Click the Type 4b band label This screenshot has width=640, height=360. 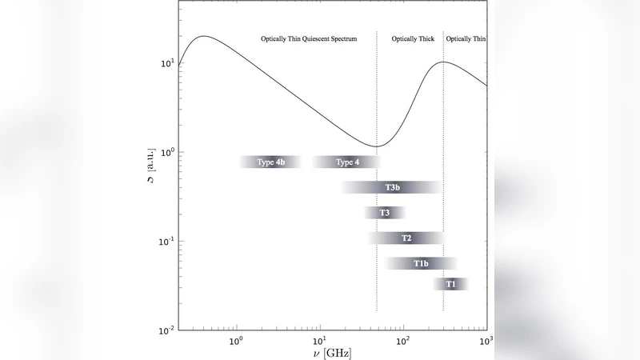[270, 162]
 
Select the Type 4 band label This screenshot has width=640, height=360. [347, 162]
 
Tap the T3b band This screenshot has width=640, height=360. [392, 187]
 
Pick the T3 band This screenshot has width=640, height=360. [385, 213]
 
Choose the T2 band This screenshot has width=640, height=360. [406, 238]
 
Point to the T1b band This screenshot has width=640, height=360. [422, 263]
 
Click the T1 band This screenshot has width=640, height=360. [451, 284]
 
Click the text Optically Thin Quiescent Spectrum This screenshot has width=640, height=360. [309, 38]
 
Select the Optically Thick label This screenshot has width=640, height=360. [413, 38]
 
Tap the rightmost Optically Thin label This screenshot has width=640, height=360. [466, 38]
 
